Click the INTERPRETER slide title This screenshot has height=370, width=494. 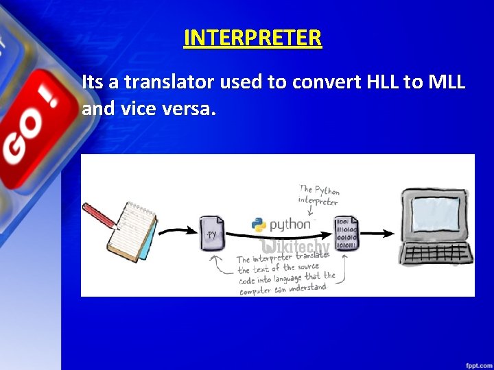[252, 37]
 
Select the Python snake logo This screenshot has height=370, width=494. [259, 225]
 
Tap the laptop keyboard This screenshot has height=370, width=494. [436, 253]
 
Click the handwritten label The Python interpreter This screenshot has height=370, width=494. [319, 196]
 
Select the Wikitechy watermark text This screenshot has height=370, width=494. [295, 247]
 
